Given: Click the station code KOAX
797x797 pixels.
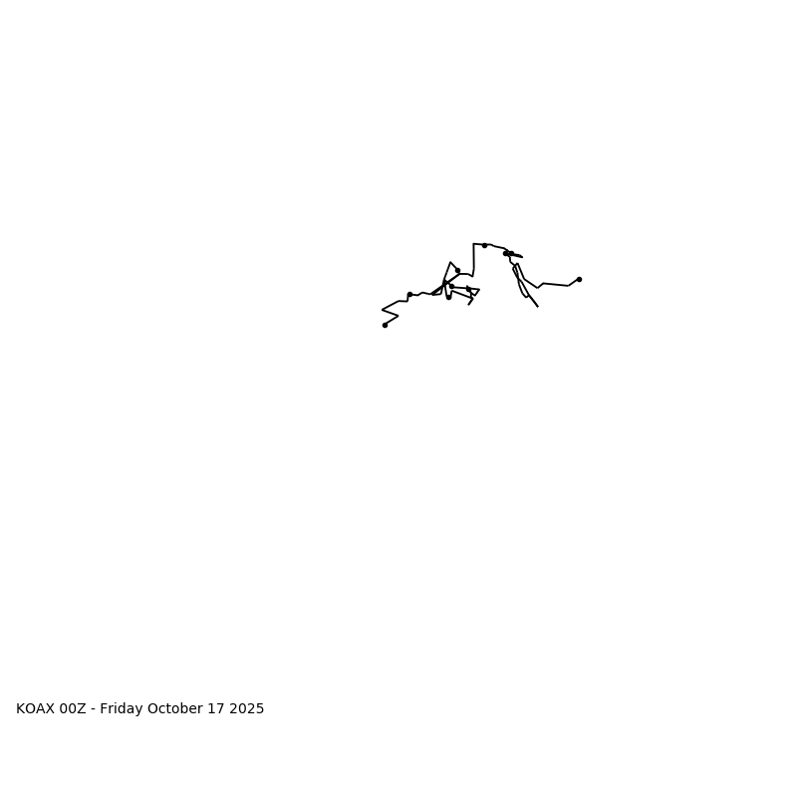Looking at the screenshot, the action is point(35,709).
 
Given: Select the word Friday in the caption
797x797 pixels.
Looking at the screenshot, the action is point(121,709).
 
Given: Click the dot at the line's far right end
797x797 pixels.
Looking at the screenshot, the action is point(579,279).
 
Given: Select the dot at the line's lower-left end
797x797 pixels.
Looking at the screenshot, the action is point(385,325).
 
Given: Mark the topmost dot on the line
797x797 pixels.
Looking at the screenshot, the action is point(484,245).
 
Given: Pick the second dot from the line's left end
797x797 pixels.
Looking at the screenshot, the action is point(409,294).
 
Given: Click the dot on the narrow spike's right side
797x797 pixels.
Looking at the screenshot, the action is point(457,270).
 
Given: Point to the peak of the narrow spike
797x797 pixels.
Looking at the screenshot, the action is point(450,263).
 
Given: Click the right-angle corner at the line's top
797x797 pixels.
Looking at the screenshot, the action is point(473,244).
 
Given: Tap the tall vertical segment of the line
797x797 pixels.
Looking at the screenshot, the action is point(473,257).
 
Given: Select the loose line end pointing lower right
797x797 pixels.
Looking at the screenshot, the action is point(537,306).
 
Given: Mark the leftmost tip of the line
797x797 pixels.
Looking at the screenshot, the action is point(383,310).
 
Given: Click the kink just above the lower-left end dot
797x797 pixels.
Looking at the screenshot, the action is point(398,317).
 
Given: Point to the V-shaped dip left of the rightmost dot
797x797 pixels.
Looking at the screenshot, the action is point(538,288).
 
